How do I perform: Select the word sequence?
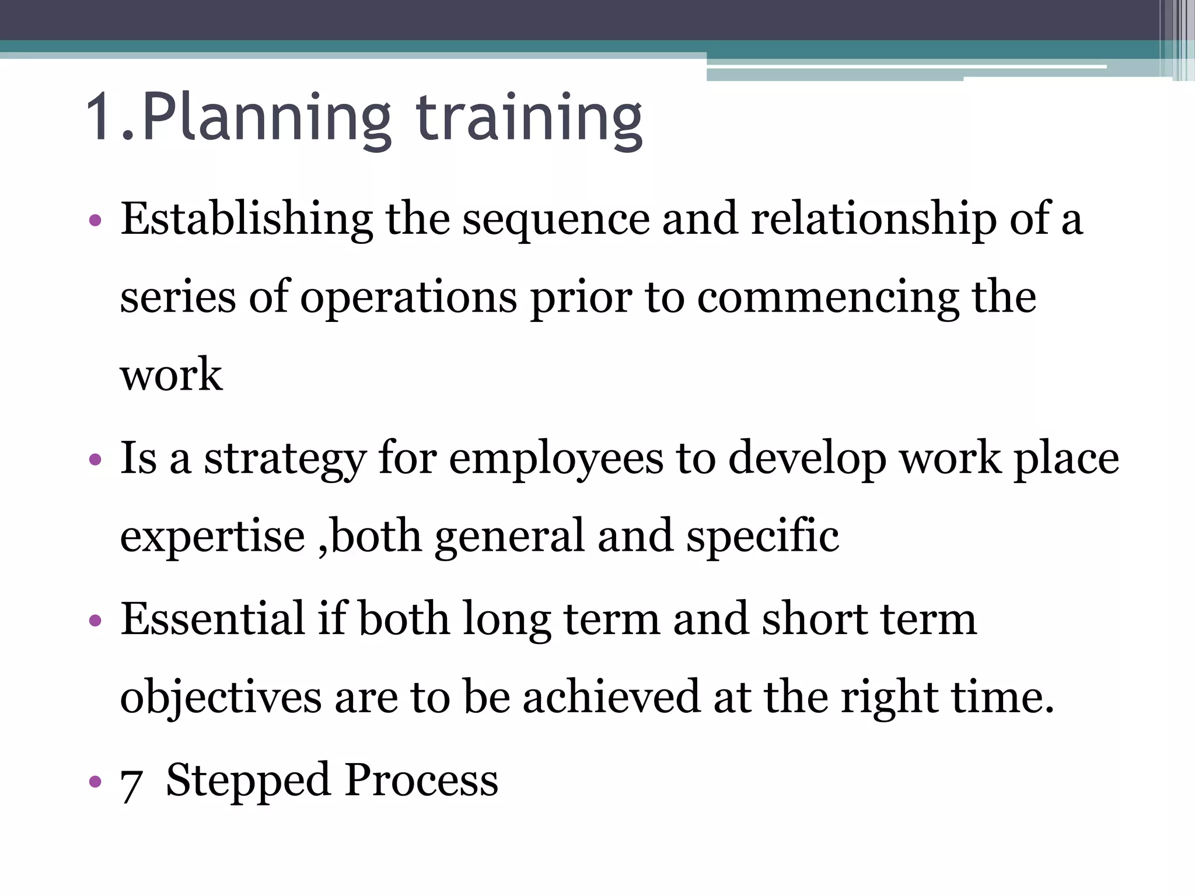point(555,222)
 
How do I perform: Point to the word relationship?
point(873,220)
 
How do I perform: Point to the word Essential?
point(212,619)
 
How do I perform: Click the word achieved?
point(611,698)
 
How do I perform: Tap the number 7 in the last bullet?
point(131,784)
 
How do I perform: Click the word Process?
point(421,780)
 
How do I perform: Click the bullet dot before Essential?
point(95,621)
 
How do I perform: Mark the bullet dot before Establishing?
point(95,222)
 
